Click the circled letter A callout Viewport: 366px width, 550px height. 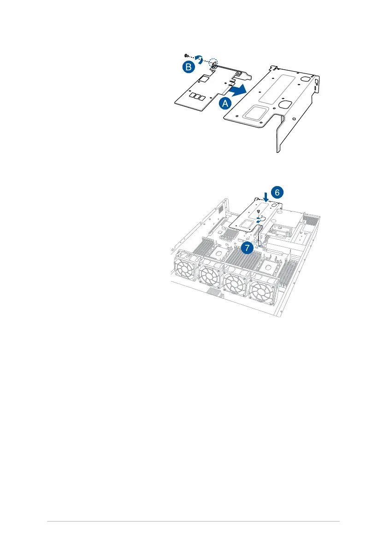coord(225,103)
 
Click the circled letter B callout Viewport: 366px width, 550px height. coord(187,67)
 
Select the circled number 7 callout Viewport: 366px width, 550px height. coord(248,248)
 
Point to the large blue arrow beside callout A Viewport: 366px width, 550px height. coord(238,90)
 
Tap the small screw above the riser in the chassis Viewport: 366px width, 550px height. coord(258,212)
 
